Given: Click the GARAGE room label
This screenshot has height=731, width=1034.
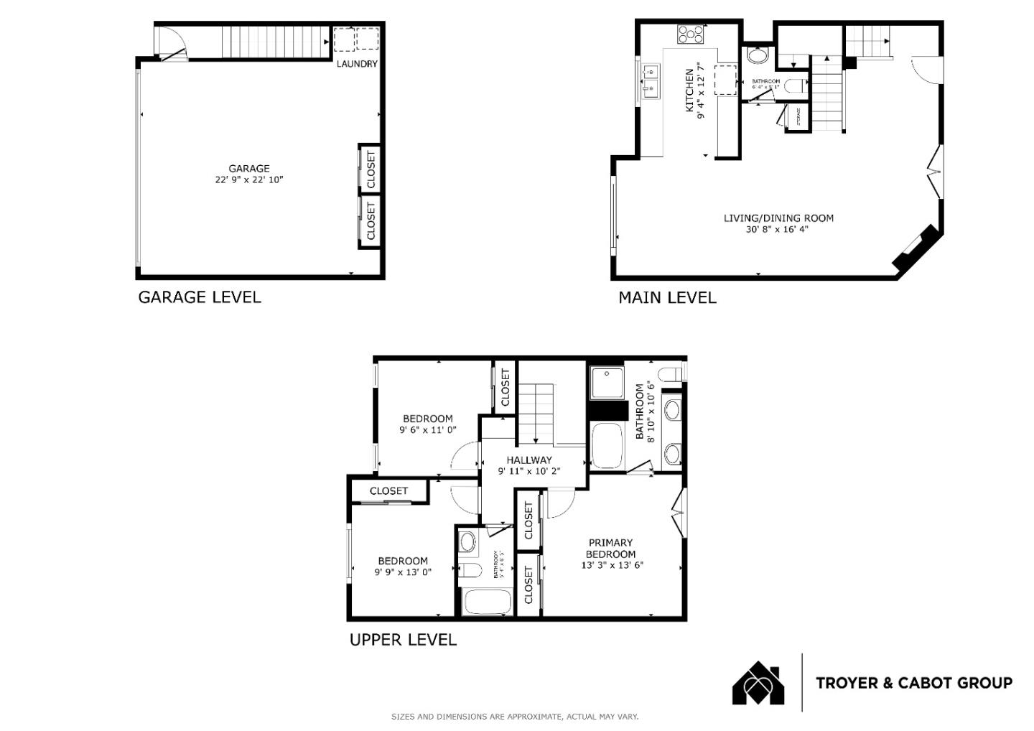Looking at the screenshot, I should click(x=249, y=169).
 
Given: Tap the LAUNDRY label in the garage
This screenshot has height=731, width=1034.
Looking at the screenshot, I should click(x=357, y=64).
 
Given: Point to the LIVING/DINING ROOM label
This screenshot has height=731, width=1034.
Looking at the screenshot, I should click(x=778, y=218).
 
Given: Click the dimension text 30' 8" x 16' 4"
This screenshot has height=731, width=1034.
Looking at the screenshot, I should click(x=778, y=230).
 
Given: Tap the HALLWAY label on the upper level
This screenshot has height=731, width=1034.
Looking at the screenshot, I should click(x=529, y=460).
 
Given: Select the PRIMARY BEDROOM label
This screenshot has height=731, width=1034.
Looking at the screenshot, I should click(x=610, y=549).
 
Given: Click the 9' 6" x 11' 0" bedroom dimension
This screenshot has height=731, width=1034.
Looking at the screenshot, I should click(x=428, y=430).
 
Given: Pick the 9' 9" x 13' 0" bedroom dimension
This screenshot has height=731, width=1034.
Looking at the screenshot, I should click(x=403, y=572).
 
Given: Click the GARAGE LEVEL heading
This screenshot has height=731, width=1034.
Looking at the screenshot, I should click(x=200, y=297).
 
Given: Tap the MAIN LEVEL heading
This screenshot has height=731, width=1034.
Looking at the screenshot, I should click(x=667, y=297).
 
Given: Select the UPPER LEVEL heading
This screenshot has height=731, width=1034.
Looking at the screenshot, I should click(x=403, y=640).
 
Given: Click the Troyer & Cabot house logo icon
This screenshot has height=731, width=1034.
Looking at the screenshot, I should click(x=758, y=683).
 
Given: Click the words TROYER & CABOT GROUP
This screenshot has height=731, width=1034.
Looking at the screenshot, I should click(x=913, y=683).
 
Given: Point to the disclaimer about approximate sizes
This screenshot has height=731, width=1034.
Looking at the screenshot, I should click(x=514, y=717).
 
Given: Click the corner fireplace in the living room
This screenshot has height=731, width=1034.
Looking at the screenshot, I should click(x=916, y=248).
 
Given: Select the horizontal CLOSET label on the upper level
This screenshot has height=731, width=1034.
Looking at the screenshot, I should click(x=388, y=491).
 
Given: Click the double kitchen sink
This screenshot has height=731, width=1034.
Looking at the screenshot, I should click(x=651, y=80).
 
